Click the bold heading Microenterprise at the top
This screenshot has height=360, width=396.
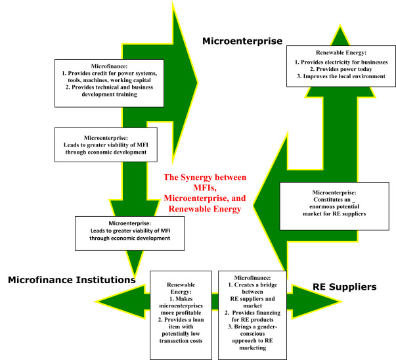[x=242, y=41]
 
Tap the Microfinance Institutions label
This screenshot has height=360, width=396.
[x=72, y=281]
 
